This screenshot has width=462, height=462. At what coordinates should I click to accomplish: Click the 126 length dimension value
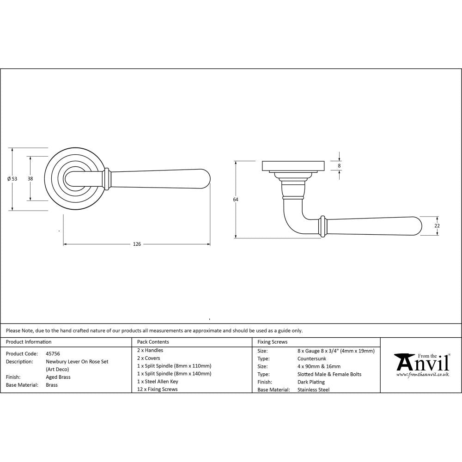coord(137,244)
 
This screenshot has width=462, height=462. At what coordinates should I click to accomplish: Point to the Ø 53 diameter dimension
coord(12,179)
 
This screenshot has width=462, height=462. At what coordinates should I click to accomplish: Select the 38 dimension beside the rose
coord(30,178)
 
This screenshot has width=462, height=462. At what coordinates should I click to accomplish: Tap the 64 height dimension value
coord(236,199)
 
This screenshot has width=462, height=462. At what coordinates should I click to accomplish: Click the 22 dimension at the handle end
coord(437,225)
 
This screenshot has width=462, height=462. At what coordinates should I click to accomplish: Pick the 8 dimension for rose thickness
coord(340,165)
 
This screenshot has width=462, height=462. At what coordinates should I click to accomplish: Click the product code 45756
coord(53,353)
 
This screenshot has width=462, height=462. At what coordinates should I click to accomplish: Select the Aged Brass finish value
coord(58,377)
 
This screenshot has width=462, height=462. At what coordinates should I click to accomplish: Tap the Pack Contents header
coord(153,342)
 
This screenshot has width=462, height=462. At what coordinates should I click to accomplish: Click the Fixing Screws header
coord(273,342)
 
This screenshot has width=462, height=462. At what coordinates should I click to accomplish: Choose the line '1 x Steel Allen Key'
coord(158,382)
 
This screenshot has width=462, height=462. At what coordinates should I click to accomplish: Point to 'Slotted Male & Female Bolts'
coord(329,374)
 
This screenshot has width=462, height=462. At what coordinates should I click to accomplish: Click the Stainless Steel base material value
coord(314,390)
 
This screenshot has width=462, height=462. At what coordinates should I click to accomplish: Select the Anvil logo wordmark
coord(422,363)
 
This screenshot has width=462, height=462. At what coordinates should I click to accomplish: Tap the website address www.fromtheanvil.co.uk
coord(422,375)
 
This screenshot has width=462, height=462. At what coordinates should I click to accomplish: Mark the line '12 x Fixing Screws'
coord(157,389)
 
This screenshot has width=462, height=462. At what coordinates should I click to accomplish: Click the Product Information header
coord(29,342)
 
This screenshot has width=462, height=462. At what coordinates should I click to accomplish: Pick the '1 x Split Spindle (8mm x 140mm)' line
coord(174,374)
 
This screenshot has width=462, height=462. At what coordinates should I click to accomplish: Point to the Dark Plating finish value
coord(311,382)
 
